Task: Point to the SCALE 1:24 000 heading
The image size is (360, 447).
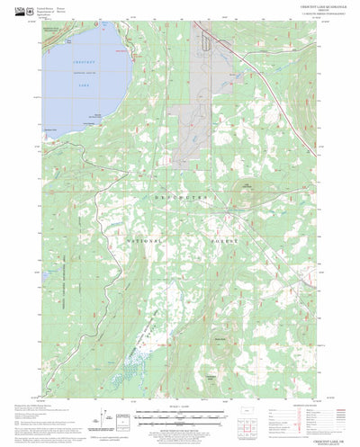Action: click(x=180, y=412)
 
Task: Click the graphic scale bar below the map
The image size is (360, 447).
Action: click(x=180, y=419)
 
